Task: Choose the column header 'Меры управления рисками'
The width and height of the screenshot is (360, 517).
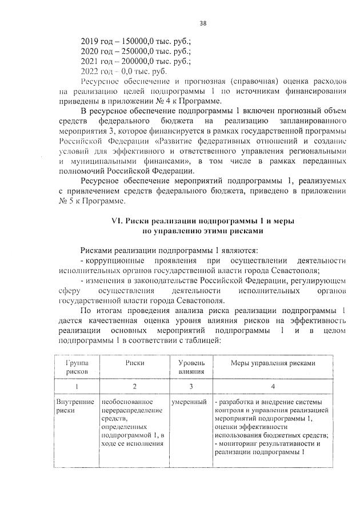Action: [273, 363]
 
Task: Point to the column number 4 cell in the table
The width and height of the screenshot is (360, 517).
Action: [273, 386]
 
